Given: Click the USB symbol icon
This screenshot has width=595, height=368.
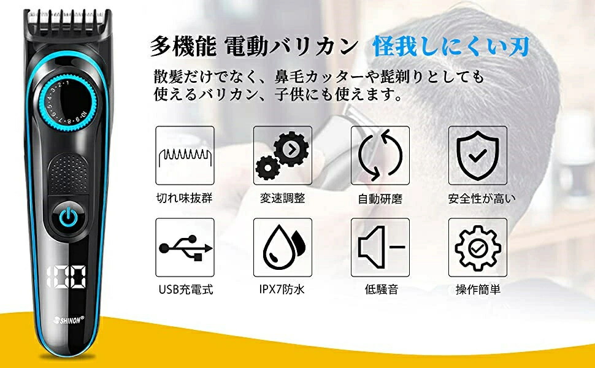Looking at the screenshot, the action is pos(185,248).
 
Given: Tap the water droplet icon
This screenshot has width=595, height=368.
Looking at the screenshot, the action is pos(283,247).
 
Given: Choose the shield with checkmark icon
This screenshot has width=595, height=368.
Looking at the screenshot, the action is pos(478,156).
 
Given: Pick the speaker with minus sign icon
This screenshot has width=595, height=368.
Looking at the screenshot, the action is pos(380,247).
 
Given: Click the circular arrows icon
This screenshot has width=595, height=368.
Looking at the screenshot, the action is pos(380,155).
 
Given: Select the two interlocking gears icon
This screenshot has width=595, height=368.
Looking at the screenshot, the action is pos(282,155).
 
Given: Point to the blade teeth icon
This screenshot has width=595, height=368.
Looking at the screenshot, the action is pos(185,156).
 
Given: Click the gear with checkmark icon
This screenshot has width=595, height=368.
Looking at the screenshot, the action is pos(478,247).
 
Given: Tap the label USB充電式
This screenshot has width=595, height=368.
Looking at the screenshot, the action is pos(186,290).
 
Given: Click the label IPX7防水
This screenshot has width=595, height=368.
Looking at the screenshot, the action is pos(282,290).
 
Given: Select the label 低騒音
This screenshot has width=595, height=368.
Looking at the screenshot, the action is pos(382,290).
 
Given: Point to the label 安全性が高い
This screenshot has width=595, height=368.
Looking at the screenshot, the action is pos(482,199).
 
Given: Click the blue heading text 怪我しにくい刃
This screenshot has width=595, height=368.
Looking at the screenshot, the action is pos(451,47).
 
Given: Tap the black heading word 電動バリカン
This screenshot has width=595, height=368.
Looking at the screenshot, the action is pos(291,47).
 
